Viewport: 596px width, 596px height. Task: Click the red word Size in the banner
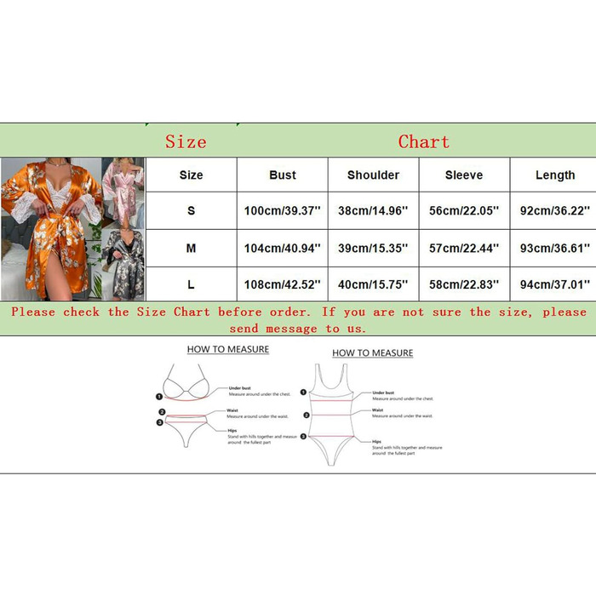[186, 141]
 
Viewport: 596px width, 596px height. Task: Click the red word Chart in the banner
[423, 141]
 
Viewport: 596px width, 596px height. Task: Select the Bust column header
[282, 175]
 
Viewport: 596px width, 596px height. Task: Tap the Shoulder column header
[373, 175]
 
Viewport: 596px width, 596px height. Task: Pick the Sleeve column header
[463, 175]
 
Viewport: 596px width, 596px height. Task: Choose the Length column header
[555, 175]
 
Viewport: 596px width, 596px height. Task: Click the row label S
[191, 210]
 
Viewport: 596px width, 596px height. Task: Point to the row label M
[191, 248]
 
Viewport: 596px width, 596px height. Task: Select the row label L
[191, 284]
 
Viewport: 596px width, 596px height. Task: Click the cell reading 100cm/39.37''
[282, 210]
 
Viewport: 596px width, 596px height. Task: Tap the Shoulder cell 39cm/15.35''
[373, 248]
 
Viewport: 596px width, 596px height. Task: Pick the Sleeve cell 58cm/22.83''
[463, 284]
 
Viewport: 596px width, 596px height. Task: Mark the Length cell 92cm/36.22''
[555, 210]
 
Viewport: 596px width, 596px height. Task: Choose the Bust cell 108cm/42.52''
[282, 284]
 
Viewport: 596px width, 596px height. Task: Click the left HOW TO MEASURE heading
[227, 349]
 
